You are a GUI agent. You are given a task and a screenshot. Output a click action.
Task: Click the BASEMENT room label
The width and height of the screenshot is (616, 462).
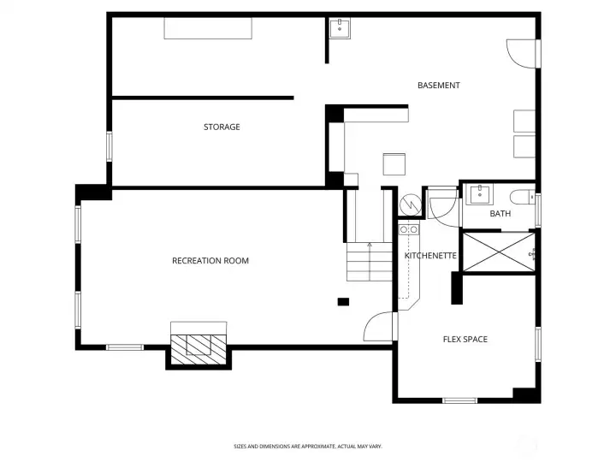point(439,86)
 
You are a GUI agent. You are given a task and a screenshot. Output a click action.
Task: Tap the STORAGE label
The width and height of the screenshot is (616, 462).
point(222,127)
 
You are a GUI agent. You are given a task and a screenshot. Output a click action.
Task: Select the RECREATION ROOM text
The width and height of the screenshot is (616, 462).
point(210,260)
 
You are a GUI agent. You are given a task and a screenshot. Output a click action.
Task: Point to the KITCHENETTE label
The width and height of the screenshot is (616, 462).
point(430,256)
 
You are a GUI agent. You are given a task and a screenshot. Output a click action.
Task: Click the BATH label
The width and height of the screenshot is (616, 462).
point(500,214)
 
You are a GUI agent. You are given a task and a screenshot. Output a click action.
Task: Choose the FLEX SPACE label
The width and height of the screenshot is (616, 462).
point(465,340)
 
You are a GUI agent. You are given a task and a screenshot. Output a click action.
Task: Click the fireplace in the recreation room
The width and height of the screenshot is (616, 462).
point(199,344)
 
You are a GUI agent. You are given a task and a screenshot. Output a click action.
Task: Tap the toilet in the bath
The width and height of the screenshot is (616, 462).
point(522,195)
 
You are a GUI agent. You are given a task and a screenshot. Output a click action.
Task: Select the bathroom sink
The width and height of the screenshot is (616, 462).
point(480,192)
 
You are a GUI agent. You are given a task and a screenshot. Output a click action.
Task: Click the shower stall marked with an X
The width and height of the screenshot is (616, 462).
point(499,251)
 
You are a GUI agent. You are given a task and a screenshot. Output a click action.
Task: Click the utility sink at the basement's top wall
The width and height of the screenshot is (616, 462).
point(341,27)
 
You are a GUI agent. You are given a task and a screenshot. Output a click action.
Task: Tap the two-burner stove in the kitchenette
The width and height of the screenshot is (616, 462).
point(409,228)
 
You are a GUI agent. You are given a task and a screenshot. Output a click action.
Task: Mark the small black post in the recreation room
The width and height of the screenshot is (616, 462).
point(344,301)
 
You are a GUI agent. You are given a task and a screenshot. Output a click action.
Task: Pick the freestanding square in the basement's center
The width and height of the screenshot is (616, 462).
point(394,163)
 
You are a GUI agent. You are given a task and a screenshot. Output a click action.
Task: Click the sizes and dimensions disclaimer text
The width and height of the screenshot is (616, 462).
point(308,446)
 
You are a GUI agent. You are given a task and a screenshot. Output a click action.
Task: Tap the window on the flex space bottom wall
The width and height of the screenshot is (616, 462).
point(460,400)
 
